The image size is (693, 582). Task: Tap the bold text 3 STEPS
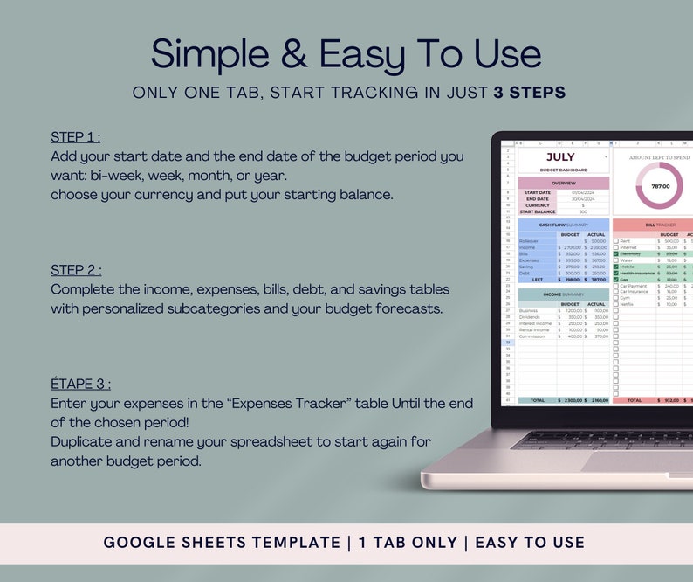click(x=529, y=93)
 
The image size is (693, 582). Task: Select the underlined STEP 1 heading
click(x=75, y=137)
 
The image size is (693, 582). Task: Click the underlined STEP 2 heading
click(x=76, y=269)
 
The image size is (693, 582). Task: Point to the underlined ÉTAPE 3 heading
click(x=80, y=384)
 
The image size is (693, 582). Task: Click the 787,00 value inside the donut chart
click(x=660, y=186)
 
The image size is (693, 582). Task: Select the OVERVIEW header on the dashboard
click(x=563, y=184)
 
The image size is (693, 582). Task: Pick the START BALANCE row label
click(x=539, y=211)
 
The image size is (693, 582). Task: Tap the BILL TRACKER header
click(x=661, y=225)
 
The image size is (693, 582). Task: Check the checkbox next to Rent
click(x=616, y=241)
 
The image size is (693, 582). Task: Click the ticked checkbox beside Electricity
click(x=616, y=253)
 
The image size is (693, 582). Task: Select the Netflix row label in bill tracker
click(x=628, y=304)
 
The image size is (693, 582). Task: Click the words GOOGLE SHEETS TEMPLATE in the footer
click(x=221, y=543)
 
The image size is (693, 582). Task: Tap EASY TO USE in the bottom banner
click(x=529, y=543)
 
